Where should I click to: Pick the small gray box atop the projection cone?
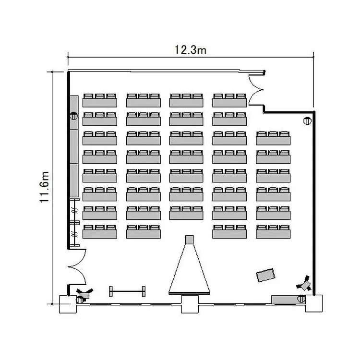point(189,239)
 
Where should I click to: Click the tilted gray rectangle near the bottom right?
point(265,275)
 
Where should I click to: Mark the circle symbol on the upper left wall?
point(74,116)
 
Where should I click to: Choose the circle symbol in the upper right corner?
point(307,121)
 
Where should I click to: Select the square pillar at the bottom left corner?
point(68,304)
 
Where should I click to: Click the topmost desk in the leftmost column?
point(100,100)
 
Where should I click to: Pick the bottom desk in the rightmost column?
point(273,231)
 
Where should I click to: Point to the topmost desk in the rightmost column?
point(273,137)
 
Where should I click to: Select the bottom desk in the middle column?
point(186,212)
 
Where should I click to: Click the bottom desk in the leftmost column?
point(100,231)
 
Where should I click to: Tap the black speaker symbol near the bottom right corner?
point(304,283)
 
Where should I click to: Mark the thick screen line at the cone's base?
point(189,292)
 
